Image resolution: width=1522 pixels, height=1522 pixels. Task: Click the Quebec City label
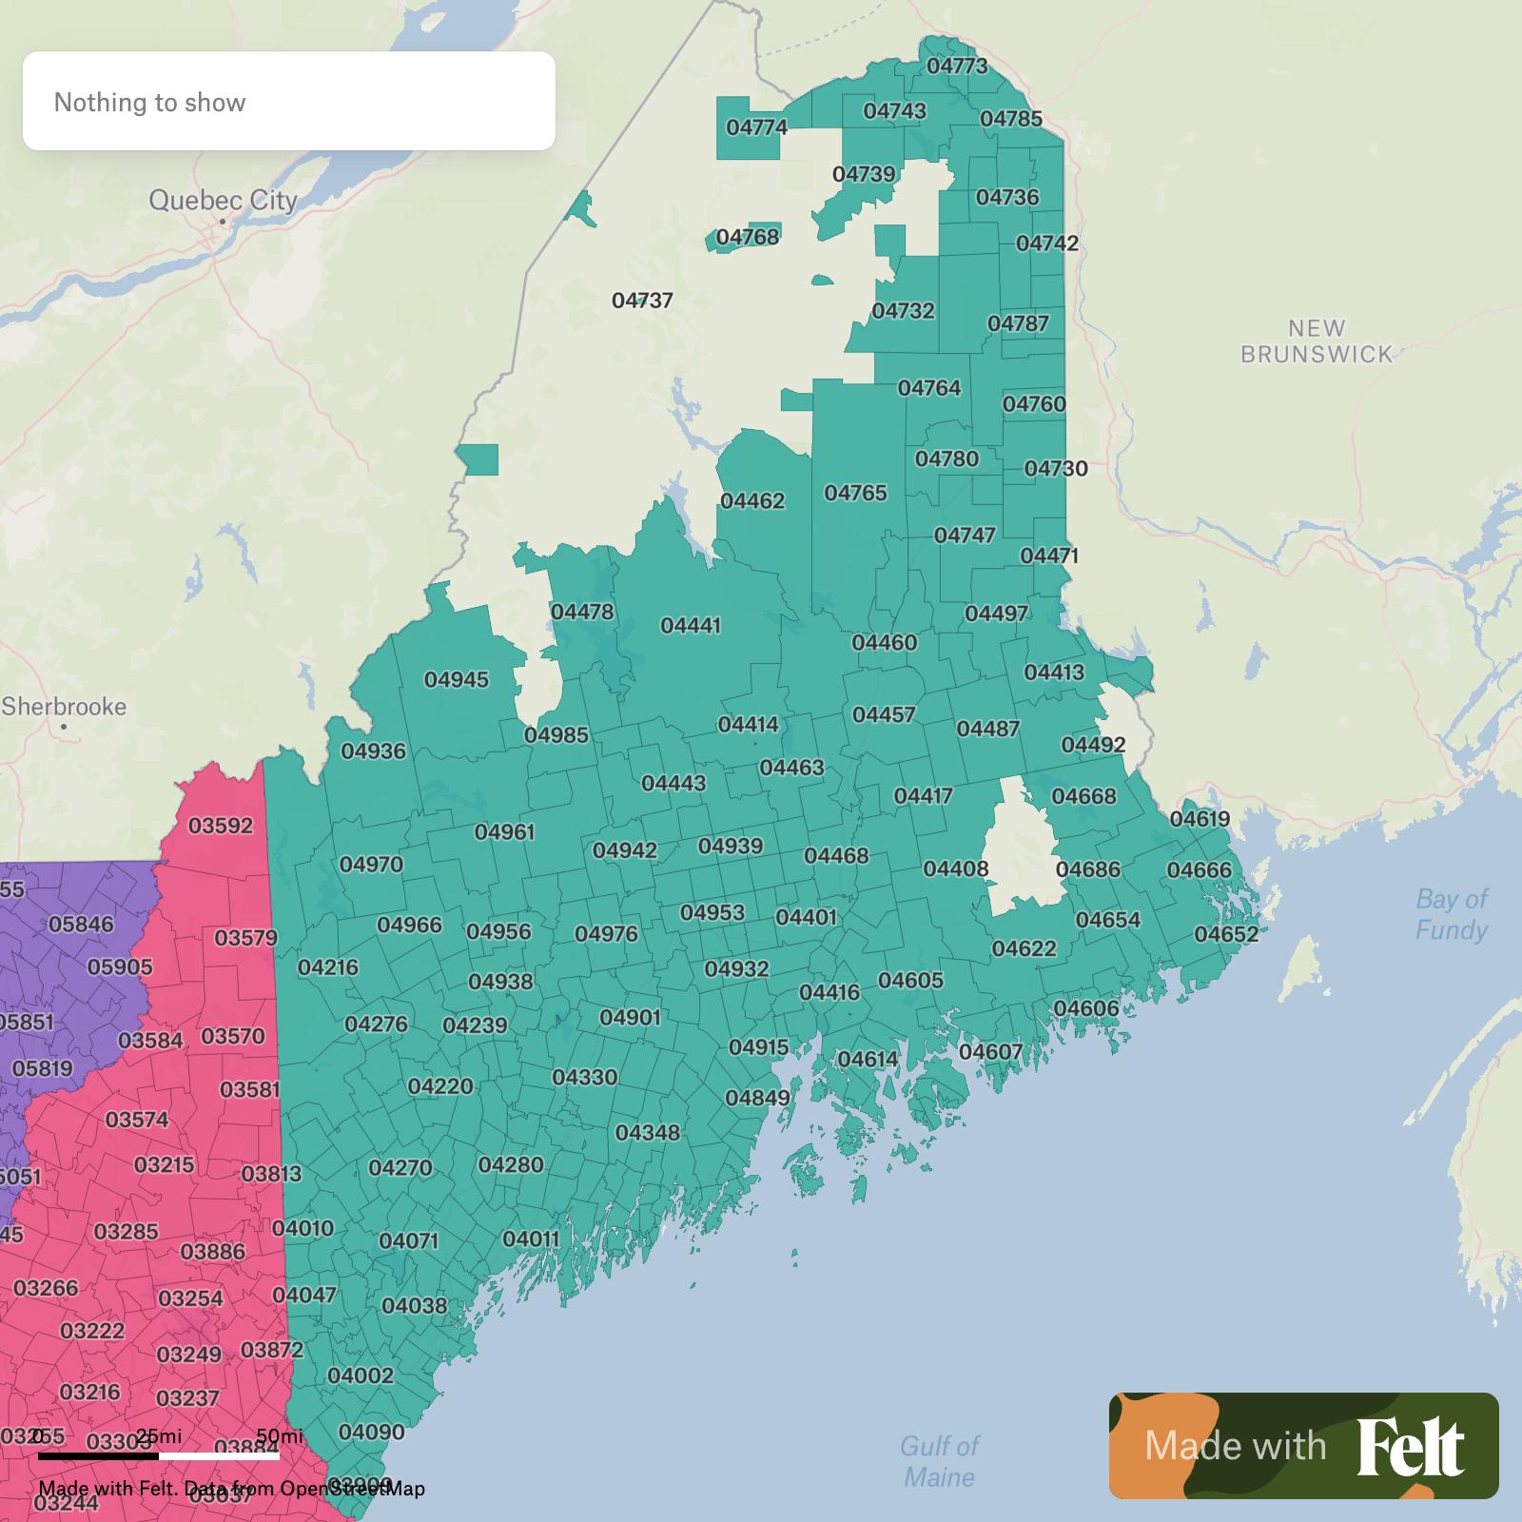click(223, 201)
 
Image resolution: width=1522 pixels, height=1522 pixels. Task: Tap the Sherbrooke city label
click(64, 707)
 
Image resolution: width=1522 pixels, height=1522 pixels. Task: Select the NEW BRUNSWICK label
click(1317, 341)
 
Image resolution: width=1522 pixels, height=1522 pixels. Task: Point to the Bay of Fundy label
click(1451, 914)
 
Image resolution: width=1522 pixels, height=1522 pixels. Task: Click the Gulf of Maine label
click(939, 1461)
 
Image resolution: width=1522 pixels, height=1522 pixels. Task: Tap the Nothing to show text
click(149, 103)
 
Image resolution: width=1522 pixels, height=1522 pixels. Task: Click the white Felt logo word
click(1411, 1447)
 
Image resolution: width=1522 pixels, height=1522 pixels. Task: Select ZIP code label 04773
click(956, 66)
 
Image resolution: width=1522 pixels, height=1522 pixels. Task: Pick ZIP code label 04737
click(642, 301)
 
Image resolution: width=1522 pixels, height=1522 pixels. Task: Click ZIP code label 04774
click(756, 127)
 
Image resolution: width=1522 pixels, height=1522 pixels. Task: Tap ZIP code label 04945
click(457, 679)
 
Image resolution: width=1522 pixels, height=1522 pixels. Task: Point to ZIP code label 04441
click(691, 626)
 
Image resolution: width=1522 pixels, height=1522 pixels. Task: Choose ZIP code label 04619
click(1200, 819)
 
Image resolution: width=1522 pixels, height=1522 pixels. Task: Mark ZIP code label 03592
click(221, 825)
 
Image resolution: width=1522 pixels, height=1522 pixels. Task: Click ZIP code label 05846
click(81, 924)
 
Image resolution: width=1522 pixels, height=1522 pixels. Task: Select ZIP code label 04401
click(806, 917)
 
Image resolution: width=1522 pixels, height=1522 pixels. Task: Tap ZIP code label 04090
click(372, 1432)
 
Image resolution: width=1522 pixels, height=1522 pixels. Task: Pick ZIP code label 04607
click(990, 1052)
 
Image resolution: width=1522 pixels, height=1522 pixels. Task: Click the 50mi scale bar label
click(280, 1435)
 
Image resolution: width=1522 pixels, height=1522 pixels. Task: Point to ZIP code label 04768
click(747, 237)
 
